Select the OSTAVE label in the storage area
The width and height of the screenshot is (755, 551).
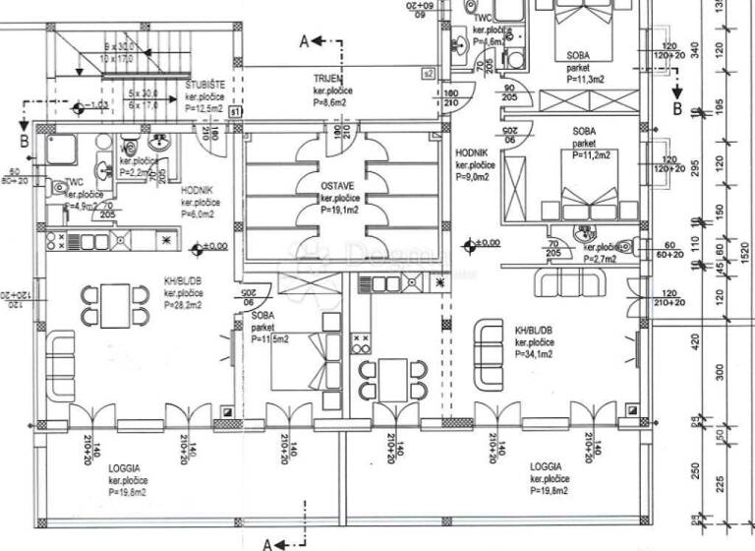point(336,185)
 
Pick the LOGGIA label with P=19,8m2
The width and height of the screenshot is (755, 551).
point(547,466)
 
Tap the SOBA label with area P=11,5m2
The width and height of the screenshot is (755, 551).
point(261,316)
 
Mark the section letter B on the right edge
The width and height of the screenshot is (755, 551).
point(677,109)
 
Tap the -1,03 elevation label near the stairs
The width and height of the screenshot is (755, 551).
point(97,104)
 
